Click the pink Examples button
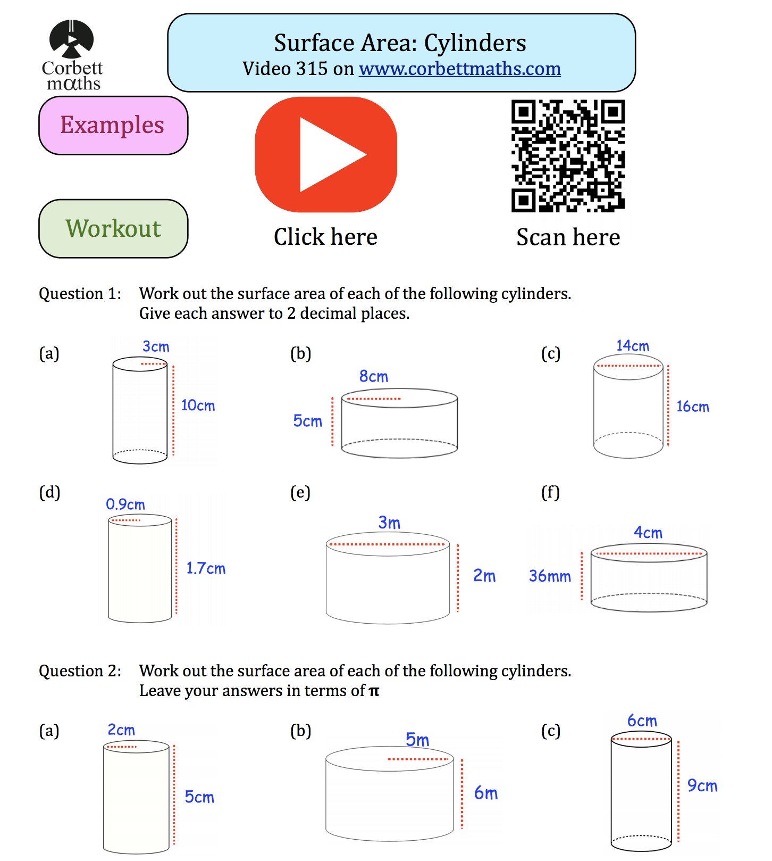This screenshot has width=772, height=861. coord(113,126)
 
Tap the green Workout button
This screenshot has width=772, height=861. coord(113,229)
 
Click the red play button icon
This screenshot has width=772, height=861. coord(326,154)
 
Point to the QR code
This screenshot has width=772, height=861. coord(568,155)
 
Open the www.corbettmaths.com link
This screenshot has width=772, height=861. coord(459,69)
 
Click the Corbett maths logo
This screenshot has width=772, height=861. coord(72,55)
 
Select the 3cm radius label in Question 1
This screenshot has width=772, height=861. coord(156,347)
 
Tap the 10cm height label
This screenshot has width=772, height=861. coord(198,405)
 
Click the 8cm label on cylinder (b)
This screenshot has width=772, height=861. coord(374,377)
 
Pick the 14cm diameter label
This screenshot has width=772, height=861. coord(632,346)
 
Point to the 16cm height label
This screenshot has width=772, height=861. coord(692,407)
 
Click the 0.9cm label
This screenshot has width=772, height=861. coord(125,504)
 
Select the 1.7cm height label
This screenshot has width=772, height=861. coord(206,568)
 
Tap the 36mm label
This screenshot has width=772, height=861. coord(550,576)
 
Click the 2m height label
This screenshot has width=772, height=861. coord(484,576)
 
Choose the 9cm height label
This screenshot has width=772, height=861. coord(702,785)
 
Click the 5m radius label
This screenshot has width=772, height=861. coord(417,740)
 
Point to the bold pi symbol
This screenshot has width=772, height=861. coord(374,691)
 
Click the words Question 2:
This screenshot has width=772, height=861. coord(80,671)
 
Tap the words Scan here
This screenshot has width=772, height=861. coord(568,237)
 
